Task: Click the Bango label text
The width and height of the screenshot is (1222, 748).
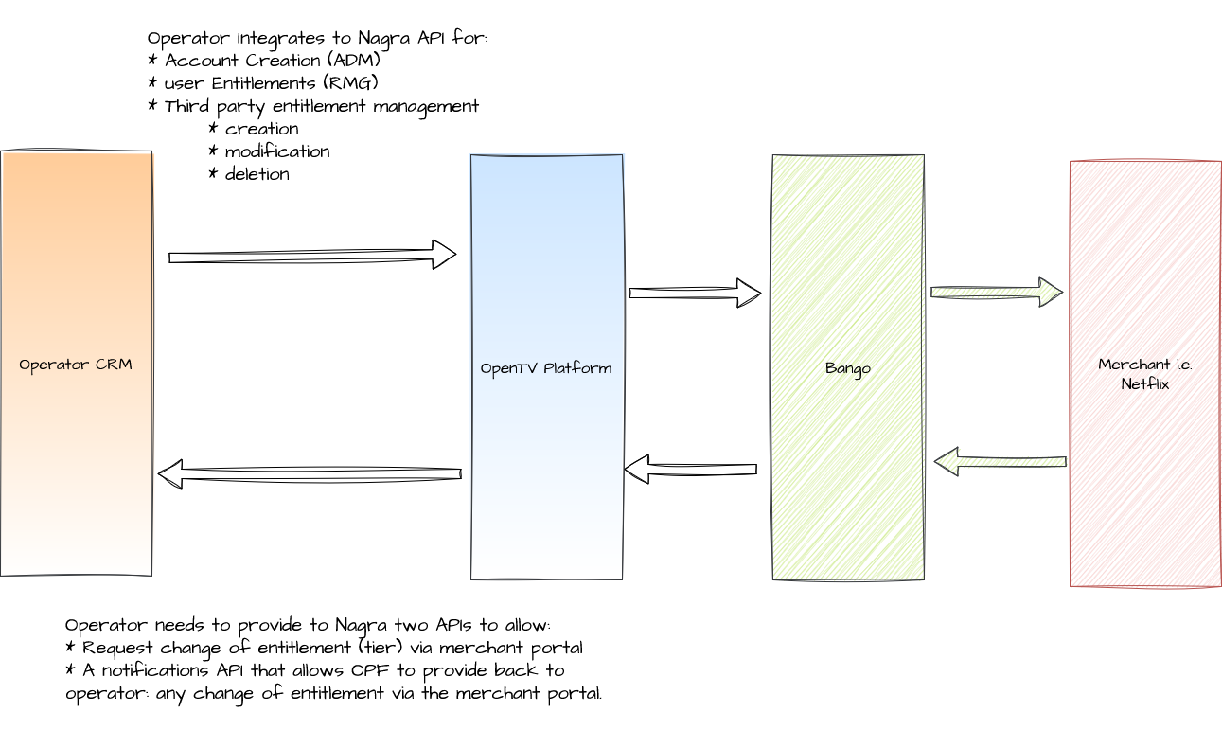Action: point(848,369)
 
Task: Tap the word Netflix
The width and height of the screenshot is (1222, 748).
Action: point(1144,384)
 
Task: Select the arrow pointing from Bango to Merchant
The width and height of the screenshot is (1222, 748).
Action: point(994,293)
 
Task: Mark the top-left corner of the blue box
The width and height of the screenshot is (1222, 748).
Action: point(470,156)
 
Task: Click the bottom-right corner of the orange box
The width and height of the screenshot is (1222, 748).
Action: point(153,576)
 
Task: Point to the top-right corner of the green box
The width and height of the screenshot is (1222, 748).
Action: point(923,156)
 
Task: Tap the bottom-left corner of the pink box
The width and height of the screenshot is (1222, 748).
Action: point(1071,586)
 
